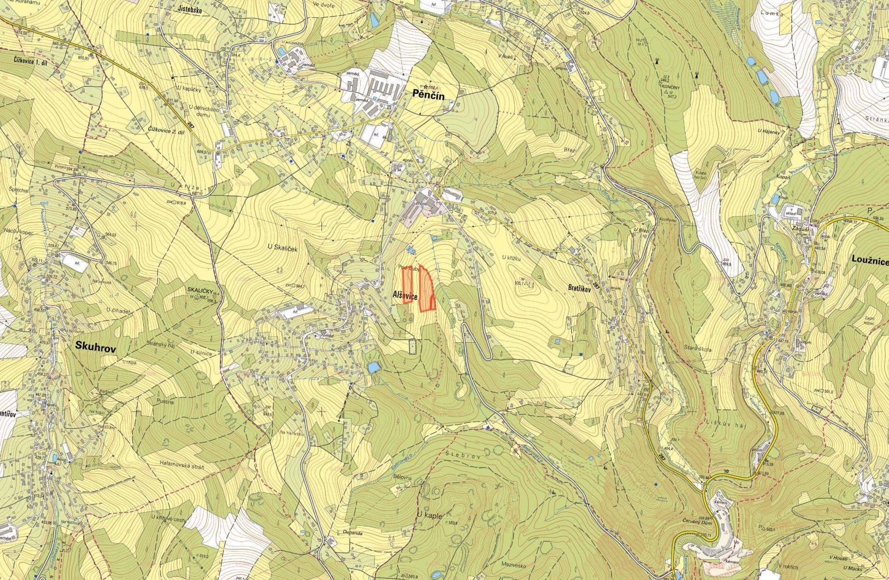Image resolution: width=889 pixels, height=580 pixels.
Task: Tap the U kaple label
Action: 429,516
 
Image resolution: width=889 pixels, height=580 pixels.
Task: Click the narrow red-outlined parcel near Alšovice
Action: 407,285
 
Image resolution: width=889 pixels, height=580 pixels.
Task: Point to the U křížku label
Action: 511,258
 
